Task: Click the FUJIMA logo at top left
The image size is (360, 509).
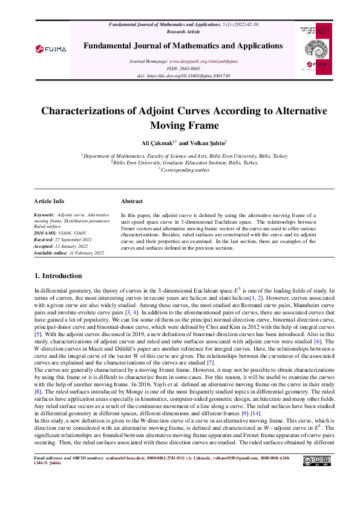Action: (50, 48)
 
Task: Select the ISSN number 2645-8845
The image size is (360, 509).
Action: (191, 69)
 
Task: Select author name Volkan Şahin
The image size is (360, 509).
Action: (208, 143)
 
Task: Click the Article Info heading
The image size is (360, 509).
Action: (49, 201)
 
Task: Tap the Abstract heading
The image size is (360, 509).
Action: (132, 201)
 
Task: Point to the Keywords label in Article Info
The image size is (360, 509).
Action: (44, 215)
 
